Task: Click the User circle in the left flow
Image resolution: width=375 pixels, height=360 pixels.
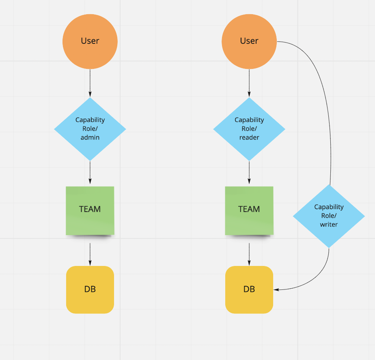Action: coord(90,41)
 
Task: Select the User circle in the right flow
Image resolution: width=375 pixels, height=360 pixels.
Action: coord(249,41)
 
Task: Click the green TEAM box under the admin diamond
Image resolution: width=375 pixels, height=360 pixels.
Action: coord(90,210)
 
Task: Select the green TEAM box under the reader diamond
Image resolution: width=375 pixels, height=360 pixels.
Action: coord(249,210)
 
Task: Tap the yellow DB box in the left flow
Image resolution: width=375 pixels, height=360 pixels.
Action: coord(90,289)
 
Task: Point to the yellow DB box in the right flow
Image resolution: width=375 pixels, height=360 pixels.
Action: coord(249,289)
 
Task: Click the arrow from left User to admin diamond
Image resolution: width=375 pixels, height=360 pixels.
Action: coord(90,83)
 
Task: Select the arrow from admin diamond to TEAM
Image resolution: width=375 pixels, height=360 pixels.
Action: coord(90,174)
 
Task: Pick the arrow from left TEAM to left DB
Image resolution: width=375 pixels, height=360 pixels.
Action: coord(90,254)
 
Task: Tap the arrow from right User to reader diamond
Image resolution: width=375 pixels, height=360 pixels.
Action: coord(249,83)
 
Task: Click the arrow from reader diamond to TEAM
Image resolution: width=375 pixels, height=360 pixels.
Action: coord(249,174)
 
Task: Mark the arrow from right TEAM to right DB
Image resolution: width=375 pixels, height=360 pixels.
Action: coord(249,254)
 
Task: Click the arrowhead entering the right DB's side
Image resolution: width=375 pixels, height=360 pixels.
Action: coord(276,289)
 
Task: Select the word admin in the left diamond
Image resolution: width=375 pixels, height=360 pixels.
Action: coord(90,137)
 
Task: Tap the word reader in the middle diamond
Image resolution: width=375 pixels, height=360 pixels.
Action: coord(249,137)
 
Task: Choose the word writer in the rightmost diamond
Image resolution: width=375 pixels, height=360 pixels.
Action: coord(329,224)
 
